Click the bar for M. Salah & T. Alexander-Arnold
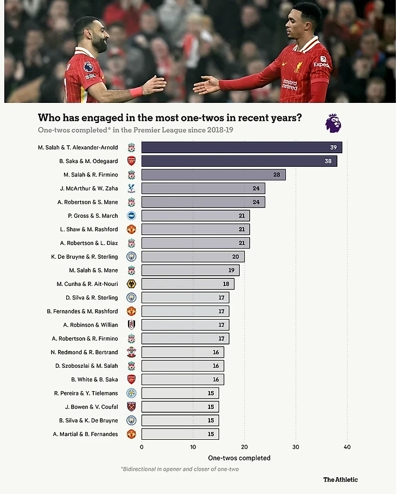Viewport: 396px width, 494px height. click(241, 147)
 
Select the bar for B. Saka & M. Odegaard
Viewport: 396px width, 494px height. click(239, 161)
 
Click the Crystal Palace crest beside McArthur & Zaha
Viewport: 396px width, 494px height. click(131, 188)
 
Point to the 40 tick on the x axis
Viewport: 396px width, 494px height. click(347, 447)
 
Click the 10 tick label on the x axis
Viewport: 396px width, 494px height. click(193, 447)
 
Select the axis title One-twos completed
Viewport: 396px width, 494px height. click(239, 458)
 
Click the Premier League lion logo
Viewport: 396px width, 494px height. click(333, 123)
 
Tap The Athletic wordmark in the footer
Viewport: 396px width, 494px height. click(340, 479)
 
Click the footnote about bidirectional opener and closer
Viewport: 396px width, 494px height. click(180, 469)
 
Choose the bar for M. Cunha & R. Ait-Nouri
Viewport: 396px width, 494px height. click(188, 284)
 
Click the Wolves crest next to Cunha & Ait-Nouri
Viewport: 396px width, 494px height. click(131, 284)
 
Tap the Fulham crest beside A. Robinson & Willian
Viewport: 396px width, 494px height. click(131, 325)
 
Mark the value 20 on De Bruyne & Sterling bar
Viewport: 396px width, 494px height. click(235, 257)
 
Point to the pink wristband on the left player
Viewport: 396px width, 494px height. click(136, 92)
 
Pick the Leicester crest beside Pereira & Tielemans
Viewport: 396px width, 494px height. click(131, 393)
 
